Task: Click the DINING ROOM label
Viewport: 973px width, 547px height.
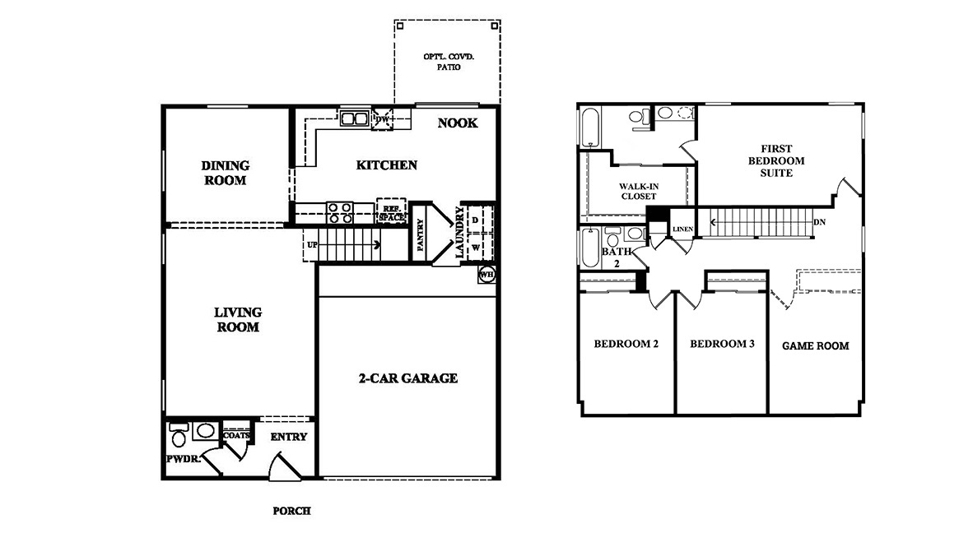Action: (x=226, y=173)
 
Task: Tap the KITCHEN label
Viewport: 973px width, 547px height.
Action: (x=387, y=165)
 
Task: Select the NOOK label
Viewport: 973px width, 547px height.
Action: (x=458, y=123)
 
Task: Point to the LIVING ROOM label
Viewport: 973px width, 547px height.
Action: (x=238, y=319)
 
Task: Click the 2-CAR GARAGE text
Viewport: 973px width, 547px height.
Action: (x=408, y=378)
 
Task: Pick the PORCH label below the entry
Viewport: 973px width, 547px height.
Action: (x=291, y=511)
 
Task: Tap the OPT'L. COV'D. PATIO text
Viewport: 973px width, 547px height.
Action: (x=449, y=62)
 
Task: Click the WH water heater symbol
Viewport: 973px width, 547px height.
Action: (x=486, y=274)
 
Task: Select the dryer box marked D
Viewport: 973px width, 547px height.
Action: (x=476, y=220)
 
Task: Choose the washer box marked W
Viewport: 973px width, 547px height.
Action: (x=476, y=248)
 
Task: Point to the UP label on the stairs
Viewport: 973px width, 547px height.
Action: (x=312, y=245)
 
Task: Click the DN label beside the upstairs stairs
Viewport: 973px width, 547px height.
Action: (x=820, y=222)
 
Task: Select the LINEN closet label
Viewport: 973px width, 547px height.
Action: (x=682, y=229)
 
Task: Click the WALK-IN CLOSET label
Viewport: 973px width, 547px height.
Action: (x=639, y=191)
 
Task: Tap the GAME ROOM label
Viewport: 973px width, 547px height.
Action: (x=816, y=346)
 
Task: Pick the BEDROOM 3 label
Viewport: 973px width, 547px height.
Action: (x=722, y=344)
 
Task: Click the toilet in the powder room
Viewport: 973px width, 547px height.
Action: (x=179, y=435)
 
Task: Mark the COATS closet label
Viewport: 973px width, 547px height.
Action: (x=235, y=435)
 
